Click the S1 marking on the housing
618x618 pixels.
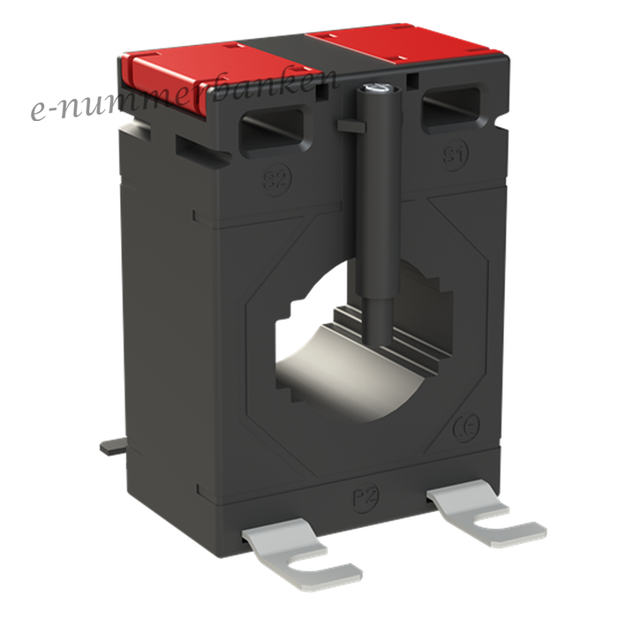click(456, 154)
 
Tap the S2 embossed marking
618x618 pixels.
click(277, 180)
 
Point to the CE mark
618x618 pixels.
click(466, 427)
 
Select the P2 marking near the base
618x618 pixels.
click(366, 497)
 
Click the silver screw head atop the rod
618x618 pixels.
click(377, 88)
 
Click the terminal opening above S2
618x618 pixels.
click(273, 131)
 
